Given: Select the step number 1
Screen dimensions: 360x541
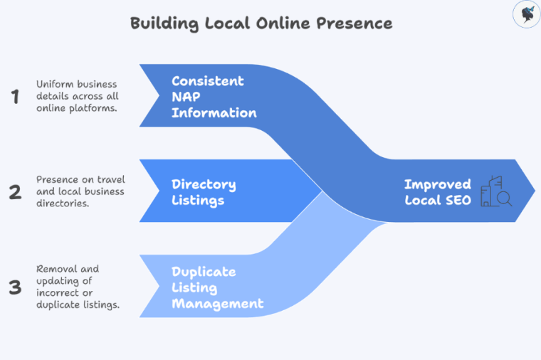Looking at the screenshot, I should click(x=14, y=97).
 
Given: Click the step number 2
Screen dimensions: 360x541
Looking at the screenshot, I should click(x=14, y=191).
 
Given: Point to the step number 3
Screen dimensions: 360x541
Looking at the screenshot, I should click(x=14, y=287).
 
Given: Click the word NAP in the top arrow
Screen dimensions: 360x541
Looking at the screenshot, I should click(x=187, y=97).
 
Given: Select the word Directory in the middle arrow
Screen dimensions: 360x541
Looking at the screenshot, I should click(x=204, y=184).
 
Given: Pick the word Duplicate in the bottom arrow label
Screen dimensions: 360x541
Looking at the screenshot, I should click(x=204, y=272).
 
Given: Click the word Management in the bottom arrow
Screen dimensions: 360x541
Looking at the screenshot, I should click(x=217, y=304).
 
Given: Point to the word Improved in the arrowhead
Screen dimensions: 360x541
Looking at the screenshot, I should click(x=437, y=184).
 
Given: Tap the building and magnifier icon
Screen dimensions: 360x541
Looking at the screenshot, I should click(x=496, y=191).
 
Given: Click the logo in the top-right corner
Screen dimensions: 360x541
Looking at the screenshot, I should click(x=527, y=14).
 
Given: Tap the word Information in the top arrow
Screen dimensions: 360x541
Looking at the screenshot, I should click(x=214, y=112).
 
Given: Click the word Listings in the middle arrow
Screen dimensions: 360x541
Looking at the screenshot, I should click(x=198, y=200).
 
